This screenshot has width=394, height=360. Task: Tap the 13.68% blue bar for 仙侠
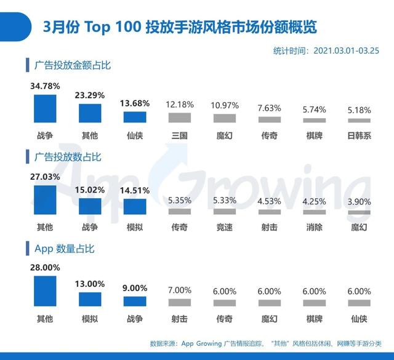[x=135, y=118]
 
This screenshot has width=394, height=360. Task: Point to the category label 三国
[x=180, y=135]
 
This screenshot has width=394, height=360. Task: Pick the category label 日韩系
[x=359, y=135]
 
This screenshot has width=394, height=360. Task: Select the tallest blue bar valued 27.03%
[x=45, y=200]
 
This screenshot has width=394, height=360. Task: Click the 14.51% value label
[x=135, y=190]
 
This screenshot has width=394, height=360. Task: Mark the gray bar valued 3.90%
[x=359, y=212]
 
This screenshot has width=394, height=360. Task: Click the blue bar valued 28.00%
[x=45, y=292]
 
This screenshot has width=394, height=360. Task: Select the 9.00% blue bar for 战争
[x=135, y=302]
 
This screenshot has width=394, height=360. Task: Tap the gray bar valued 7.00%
[x=180, y=303]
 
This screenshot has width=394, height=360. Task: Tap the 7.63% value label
[x=269, y=108]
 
